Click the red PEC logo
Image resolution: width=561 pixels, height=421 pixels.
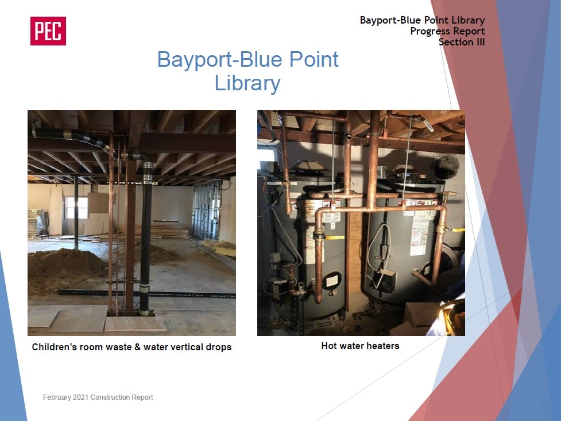pyautogui.click(x=48, y=31)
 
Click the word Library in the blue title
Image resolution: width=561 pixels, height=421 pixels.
pyautogui.click(x=247, y=83)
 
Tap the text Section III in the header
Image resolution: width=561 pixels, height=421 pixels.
pyautogui.click(x=462, y=42)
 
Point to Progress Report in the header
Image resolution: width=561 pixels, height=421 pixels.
pyautogui.click(x=447, y=31)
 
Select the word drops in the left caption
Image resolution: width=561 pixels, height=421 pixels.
pyautogui.click(x=218, y=347)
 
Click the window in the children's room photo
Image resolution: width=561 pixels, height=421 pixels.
pyautogui.click(x=76, y=208)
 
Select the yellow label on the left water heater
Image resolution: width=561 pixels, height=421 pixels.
pyautogui.click(x=335, y=238)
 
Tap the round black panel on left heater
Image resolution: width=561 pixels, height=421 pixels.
pyautogui.click(x=331, y=281)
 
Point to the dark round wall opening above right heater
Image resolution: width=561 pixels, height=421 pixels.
pyautogui.click(x=447, y=167)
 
